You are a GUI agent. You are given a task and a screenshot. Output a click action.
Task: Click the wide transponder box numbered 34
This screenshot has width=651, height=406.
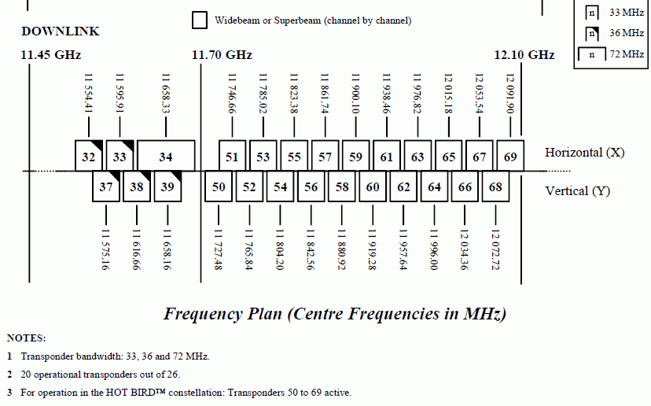(166, 156)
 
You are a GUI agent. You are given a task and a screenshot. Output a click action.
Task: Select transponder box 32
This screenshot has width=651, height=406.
(88, 156)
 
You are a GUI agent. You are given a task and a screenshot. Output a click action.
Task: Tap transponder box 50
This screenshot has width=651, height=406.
(219, 186)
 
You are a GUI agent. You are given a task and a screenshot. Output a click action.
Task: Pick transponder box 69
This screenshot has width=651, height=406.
(510, 156)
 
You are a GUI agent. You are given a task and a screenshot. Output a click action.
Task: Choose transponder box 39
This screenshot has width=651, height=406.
(167, 186)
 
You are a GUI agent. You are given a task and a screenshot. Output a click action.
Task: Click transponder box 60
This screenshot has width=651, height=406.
(373, 186)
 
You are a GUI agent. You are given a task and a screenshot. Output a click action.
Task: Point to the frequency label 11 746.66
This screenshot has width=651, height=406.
(232, 94)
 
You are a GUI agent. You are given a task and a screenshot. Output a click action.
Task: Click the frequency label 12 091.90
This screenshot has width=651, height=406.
(510, 94)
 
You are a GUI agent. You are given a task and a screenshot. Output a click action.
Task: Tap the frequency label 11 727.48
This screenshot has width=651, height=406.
(219, 249)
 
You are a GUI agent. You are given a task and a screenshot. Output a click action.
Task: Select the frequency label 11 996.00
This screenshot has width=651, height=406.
(434, 249)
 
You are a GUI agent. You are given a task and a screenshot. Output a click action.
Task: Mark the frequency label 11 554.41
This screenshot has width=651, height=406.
(88, 94)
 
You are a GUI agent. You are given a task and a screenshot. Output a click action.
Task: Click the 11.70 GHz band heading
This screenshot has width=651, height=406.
(222, 55)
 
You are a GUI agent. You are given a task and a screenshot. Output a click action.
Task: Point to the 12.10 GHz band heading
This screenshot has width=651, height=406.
(524, 55)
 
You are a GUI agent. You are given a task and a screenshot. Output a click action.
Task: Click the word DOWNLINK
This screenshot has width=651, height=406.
(61, 31)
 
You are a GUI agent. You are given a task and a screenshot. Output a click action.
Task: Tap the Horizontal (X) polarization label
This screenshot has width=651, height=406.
(585, 153)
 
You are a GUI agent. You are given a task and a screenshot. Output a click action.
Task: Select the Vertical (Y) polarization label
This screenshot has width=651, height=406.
(578, 191)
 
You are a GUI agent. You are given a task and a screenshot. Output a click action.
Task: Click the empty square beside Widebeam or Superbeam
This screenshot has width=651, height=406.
(200, 20)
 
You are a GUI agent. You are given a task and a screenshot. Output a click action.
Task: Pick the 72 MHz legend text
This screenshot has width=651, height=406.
(627, 54)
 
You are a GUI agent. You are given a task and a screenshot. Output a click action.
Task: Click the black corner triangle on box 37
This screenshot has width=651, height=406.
(116, 175)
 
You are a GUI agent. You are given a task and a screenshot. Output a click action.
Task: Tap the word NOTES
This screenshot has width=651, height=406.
(26, 338)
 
